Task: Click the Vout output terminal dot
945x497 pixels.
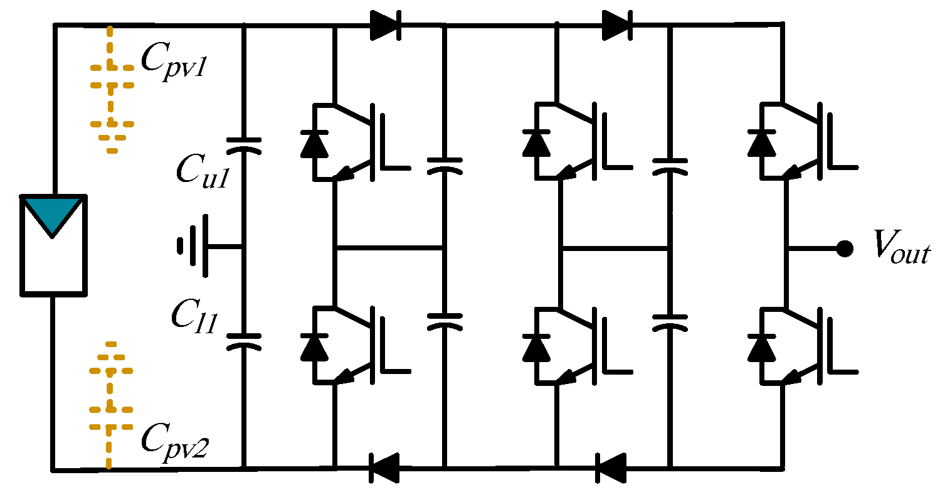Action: pos(845,248)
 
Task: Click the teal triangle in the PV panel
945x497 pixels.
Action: pos(53,214)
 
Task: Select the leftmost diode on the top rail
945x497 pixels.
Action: pos(384,25)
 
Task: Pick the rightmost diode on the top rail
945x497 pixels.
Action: pos(616,25)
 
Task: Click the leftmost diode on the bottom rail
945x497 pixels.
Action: pos(384,468)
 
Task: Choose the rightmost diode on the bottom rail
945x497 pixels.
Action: pos(611,468)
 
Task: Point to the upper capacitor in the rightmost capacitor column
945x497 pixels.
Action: pos(670,164)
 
